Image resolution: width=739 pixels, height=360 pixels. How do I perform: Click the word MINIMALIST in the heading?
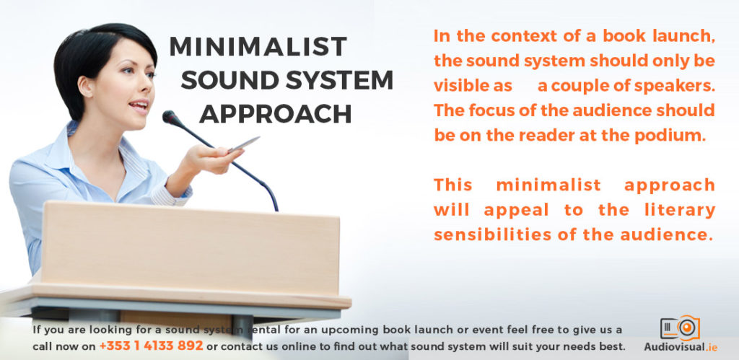258,47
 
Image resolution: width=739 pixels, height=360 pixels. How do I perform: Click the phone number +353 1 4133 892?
151,346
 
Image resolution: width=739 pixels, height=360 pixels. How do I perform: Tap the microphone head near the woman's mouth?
170,115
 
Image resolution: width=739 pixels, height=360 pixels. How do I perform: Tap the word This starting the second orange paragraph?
453,185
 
